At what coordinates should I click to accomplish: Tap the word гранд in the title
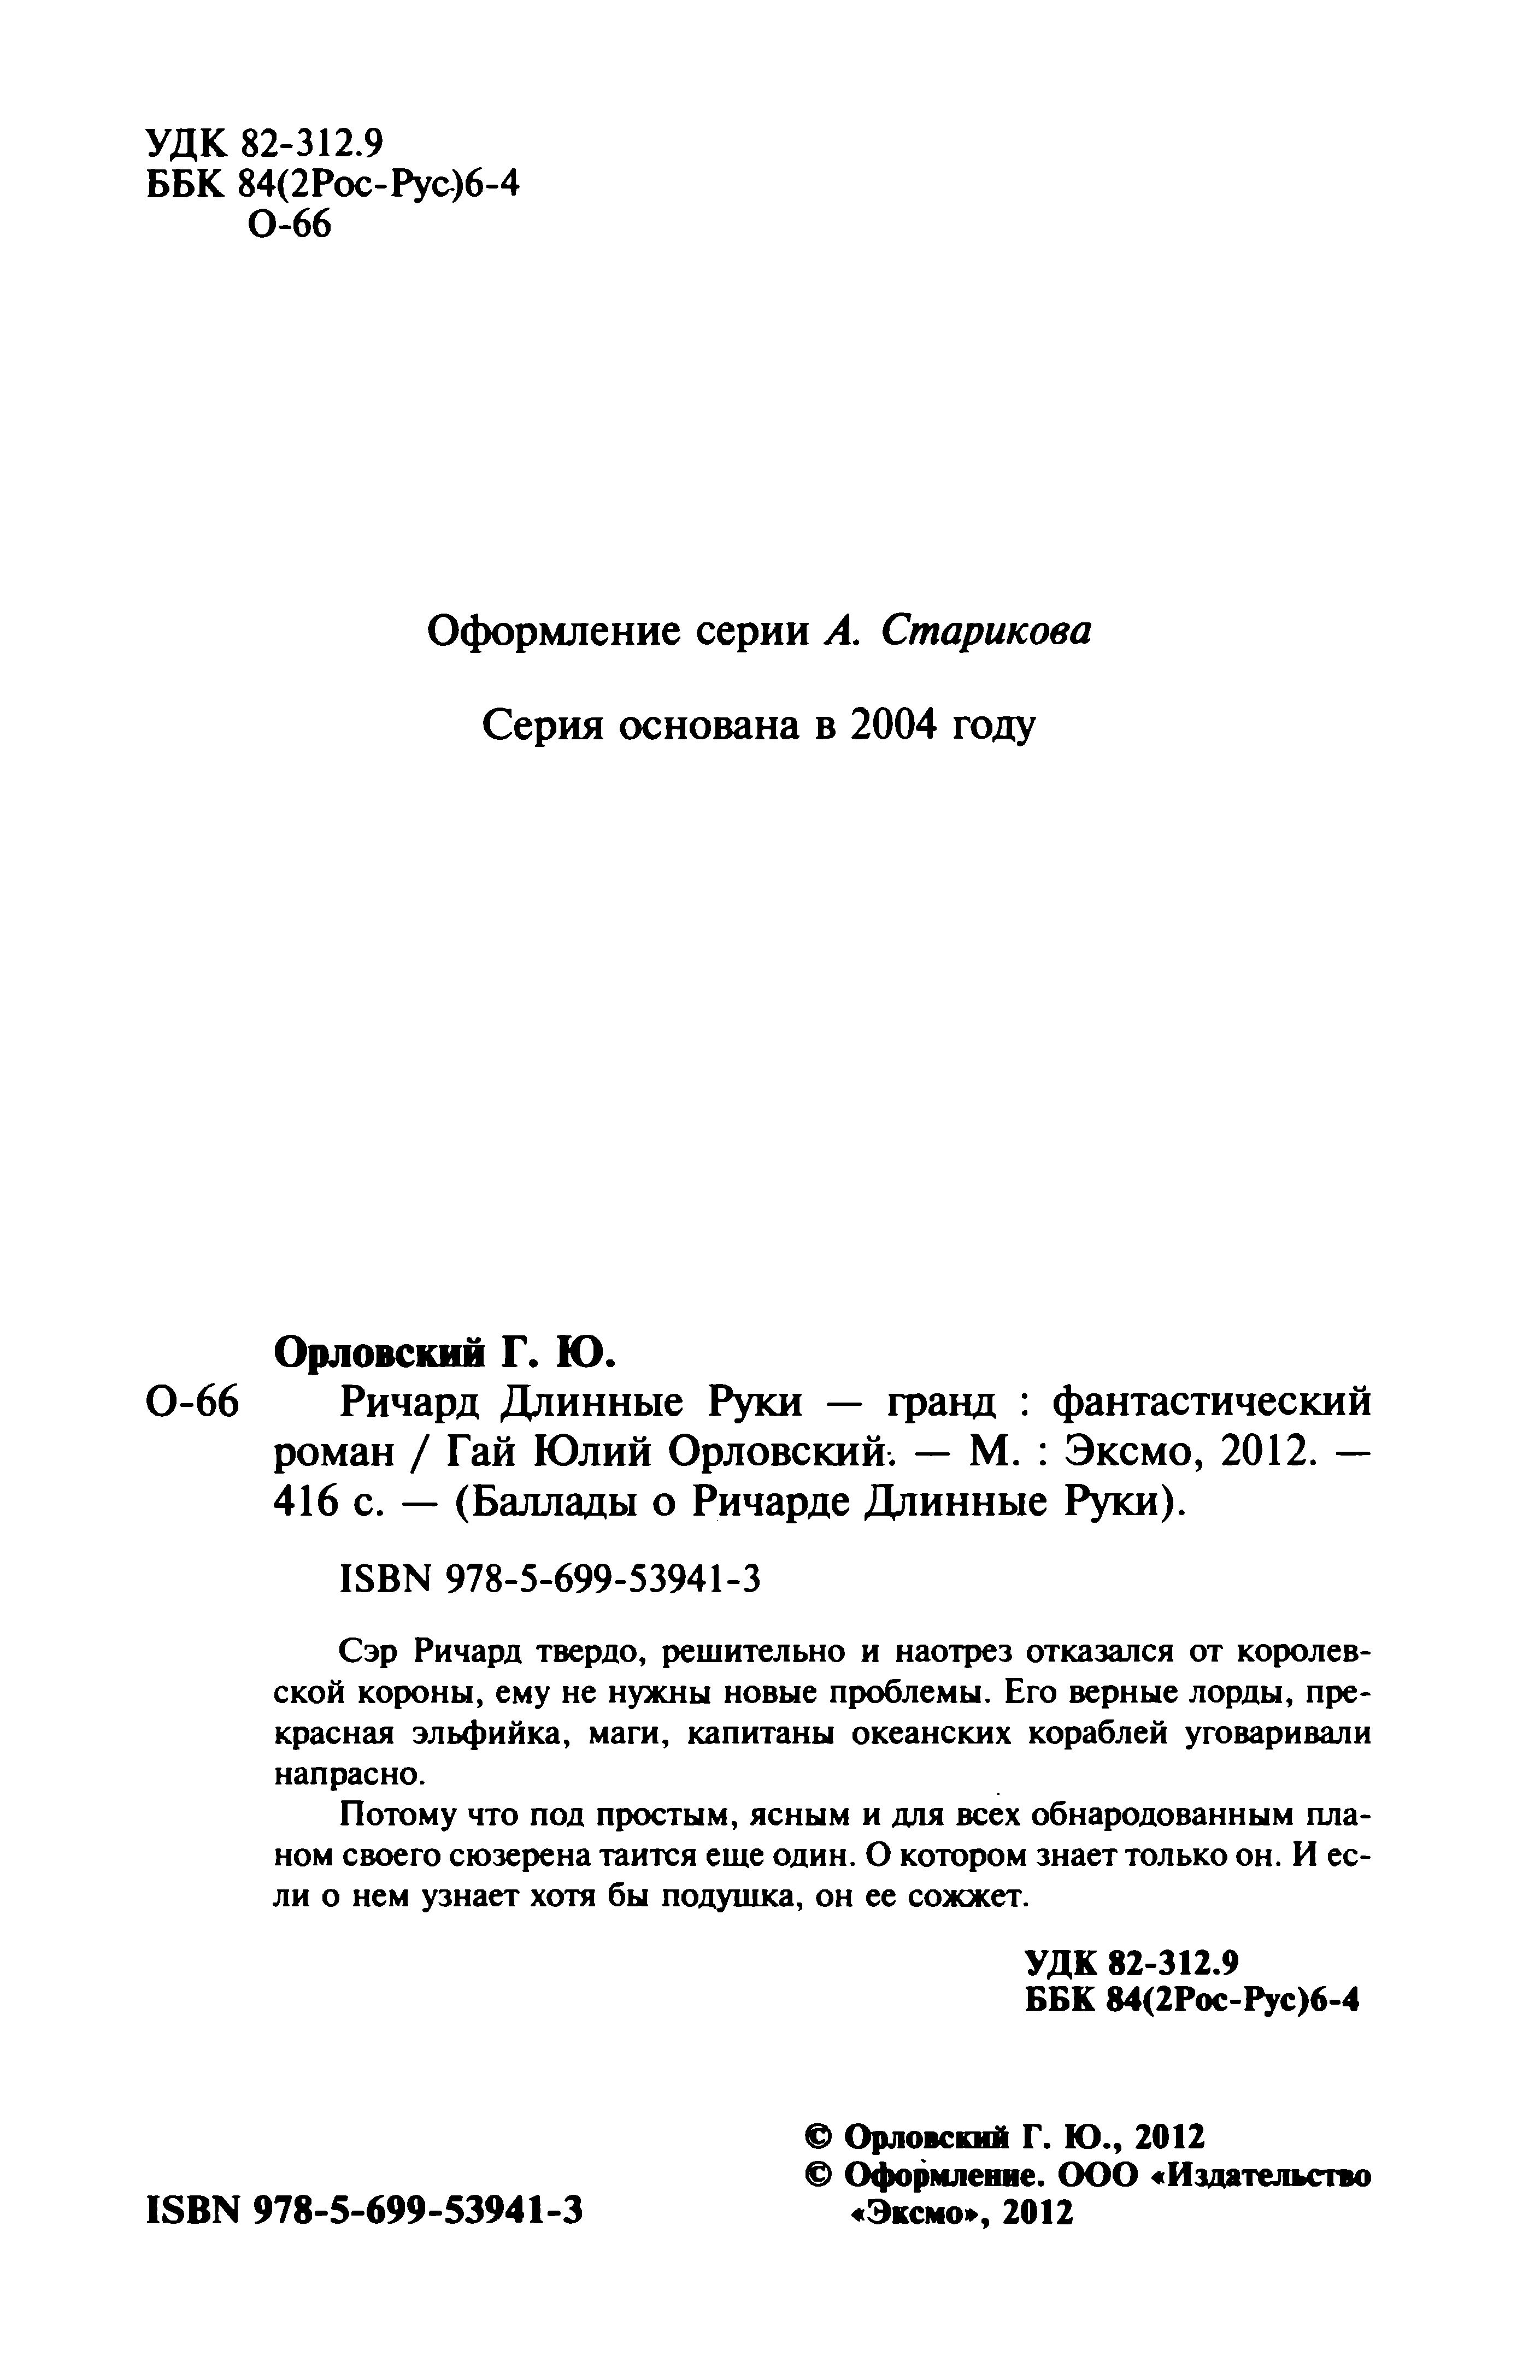pyautogui.click(x=940, y=1400)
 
